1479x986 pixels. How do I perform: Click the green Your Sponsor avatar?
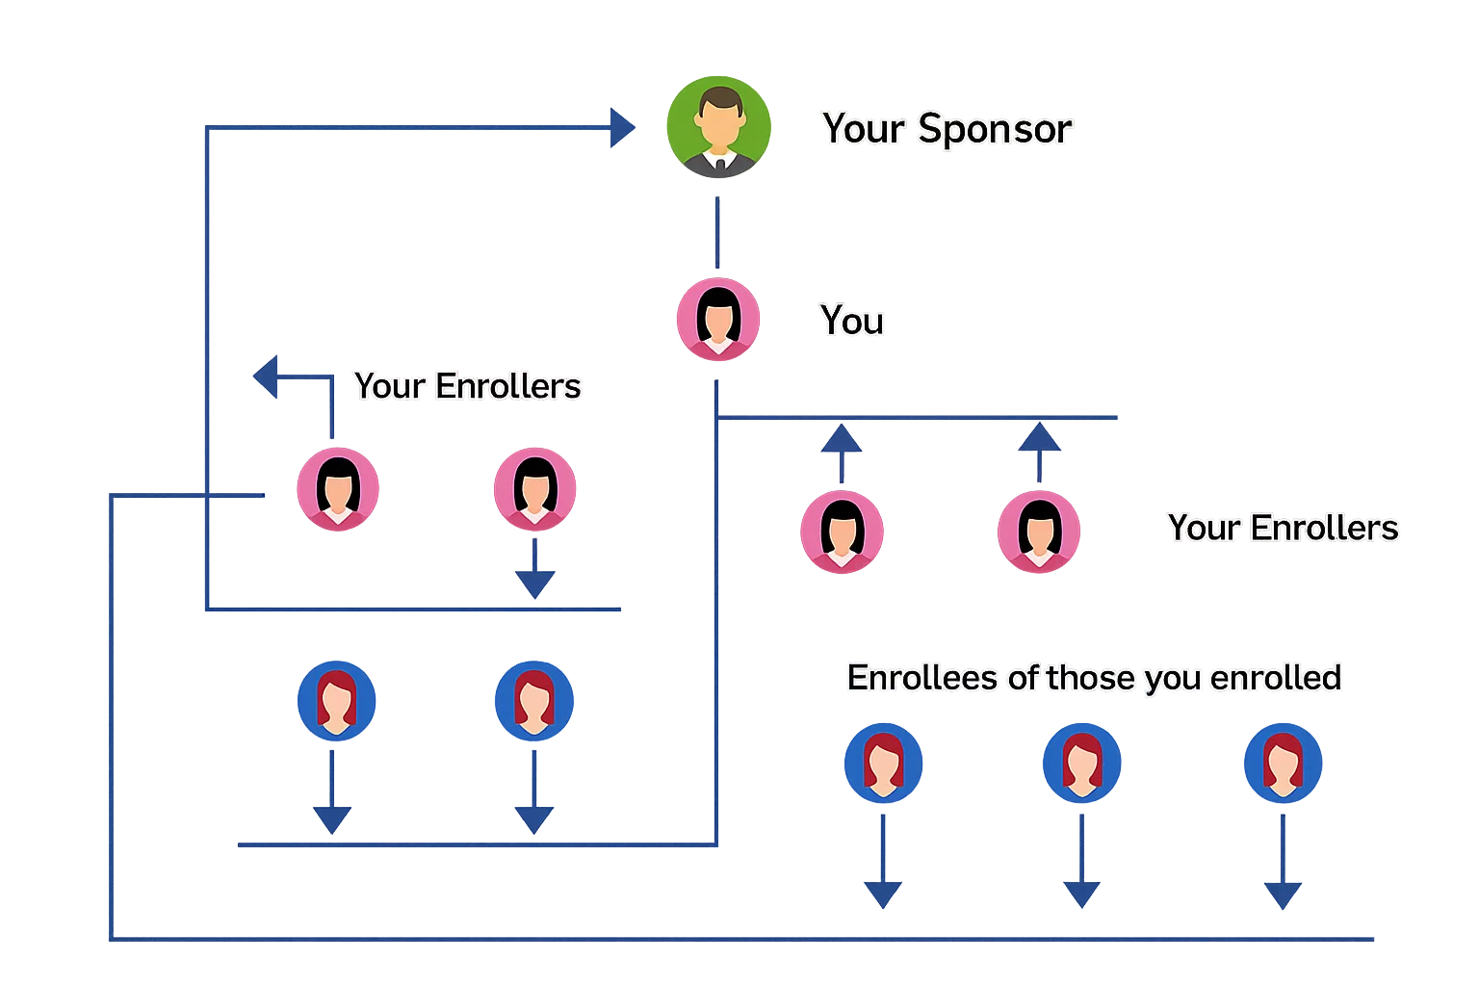click(x=717, y=127)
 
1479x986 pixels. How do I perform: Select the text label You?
click(x=851, y=321)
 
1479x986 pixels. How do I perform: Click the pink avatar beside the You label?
click(x=717, y=319)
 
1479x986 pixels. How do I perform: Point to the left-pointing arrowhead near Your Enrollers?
click(x=266, y=376)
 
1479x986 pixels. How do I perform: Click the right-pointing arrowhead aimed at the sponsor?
click(x=623, y=127)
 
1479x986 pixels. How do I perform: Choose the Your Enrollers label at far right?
click(x=1283, y=528)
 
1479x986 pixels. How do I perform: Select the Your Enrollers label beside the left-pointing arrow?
click(x=467, y=386)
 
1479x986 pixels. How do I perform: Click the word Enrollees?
click(x=921, y=678)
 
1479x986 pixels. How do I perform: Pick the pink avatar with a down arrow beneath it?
click(x=534, y=489)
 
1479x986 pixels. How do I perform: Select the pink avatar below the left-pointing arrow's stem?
click(x=336, y=489)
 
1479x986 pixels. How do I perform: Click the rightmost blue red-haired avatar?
click(x=1283, y=763)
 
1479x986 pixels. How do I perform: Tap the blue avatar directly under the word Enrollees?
click(x=883, y=763)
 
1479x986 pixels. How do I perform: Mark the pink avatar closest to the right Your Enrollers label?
click(x=1038, y=532)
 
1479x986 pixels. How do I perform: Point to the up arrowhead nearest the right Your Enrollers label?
click(x=1039, y=440)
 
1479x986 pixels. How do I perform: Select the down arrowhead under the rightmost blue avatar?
click(x=1283, y=894)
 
